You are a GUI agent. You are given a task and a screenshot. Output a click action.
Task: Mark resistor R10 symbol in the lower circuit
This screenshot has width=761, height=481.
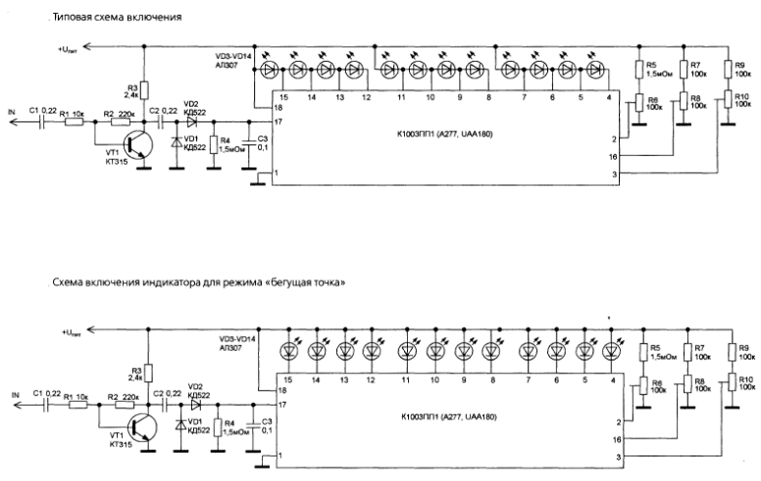730,382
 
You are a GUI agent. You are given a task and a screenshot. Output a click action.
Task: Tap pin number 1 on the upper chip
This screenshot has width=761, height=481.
277,172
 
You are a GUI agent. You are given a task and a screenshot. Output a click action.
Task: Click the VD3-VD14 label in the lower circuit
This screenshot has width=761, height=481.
238,338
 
